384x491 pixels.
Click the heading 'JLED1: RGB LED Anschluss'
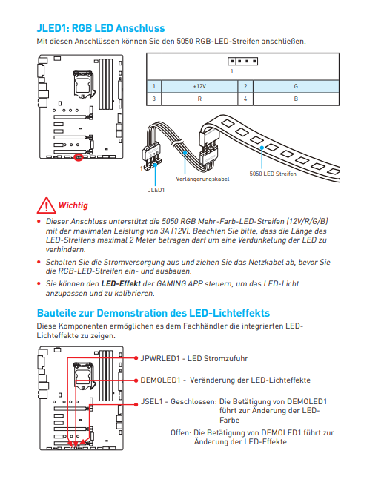coord(101,28)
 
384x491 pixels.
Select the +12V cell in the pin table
coord(199,86)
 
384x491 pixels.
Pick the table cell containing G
coord(296,86)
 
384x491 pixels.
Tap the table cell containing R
coord(199,99)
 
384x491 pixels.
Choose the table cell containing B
coord(296,99)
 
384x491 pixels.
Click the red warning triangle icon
coord(46,205)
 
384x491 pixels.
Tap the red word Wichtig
coord(73,205)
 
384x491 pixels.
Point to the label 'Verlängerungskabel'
coord(202,179)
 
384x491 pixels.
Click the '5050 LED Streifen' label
coord(273,174)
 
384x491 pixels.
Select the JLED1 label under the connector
coord(156,190)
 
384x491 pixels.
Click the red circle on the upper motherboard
coord(79,157)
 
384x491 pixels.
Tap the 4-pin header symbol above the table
coord(243,61)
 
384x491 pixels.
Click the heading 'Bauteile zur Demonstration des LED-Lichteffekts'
coord(153,313)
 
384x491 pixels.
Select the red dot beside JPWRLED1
coord(136,358)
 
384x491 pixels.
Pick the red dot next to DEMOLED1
coord(136,380)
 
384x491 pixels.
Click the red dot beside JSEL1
coord(136,404)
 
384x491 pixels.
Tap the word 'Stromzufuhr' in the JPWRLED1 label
coord(225,358)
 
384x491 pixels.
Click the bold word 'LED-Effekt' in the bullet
coord(121,284)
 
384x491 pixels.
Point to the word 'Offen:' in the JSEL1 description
coord(181,432)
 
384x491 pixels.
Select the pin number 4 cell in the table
coord(245,99)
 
